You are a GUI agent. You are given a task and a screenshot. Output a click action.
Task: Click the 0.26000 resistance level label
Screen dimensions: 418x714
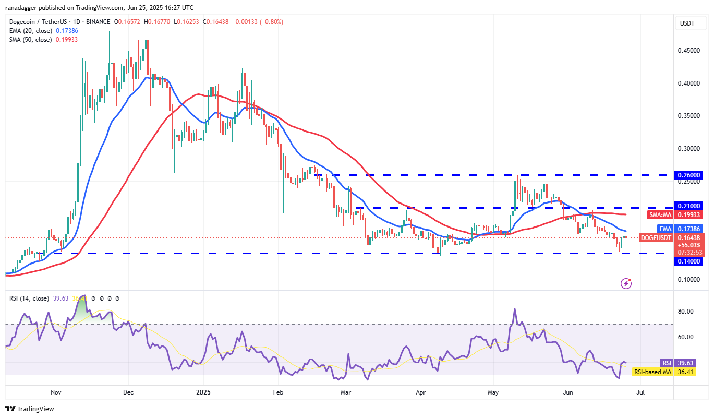(x=689, y=175)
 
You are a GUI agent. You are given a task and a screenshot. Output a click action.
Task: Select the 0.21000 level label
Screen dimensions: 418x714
(x=689, y=206)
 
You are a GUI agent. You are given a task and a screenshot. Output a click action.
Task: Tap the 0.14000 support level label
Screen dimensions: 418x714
(x=689, y=261)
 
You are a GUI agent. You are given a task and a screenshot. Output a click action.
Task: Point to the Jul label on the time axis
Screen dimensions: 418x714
(x=641, y=391)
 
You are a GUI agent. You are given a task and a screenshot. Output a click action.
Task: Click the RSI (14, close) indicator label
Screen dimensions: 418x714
(x=29, y=298)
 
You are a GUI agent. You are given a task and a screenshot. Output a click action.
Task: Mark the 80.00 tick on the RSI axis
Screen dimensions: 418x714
(x=686, y=312)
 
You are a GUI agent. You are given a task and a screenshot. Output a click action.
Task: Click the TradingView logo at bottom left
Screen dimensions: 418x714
(x=30, y=409)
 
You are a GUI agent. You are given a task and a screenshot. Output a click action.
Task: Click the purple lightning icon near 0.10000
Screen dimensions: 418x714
(x=626, y=283)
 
